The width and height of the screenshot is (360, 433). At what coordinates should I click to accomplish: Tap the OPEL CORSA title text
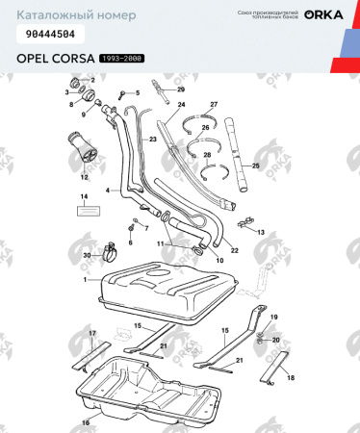pyautogui.click(x=56, y=59)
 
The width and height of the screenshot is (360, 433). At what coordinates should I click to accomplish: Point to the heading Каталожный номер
pyautogui.click(x=64, y=14)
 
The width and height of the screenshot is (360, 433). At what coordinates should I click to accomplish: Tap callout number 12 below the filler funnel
pyautogui.click(x=84, y=177)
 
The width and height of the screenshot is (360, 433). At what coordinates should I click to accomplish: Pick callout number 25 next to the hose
pyautogui.click(x=256, y=166)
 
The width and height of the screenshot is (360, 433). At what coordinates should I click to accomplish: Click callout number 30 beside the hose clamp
pyautogui.click(x=88, y=255)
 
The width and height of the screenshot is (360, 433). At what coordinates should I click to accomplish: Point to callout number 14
pyautogui.click(x=84, y=196)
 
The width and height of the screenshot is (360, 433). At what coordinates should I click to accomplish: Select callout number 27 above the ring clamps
pyautogui.click(x=214, y=104)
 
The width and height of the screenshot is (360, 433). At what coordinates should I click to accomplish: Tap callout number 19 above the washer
pyautogui.click(x=273, y=318)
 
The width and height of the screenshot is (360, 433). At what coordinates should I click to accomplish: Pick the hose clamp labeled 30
pyautogui.click(x=110, y=255)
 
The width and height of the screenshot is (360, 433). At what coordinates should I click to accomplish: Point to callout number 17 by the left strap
pyautogui.click(x=93, y=333)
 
